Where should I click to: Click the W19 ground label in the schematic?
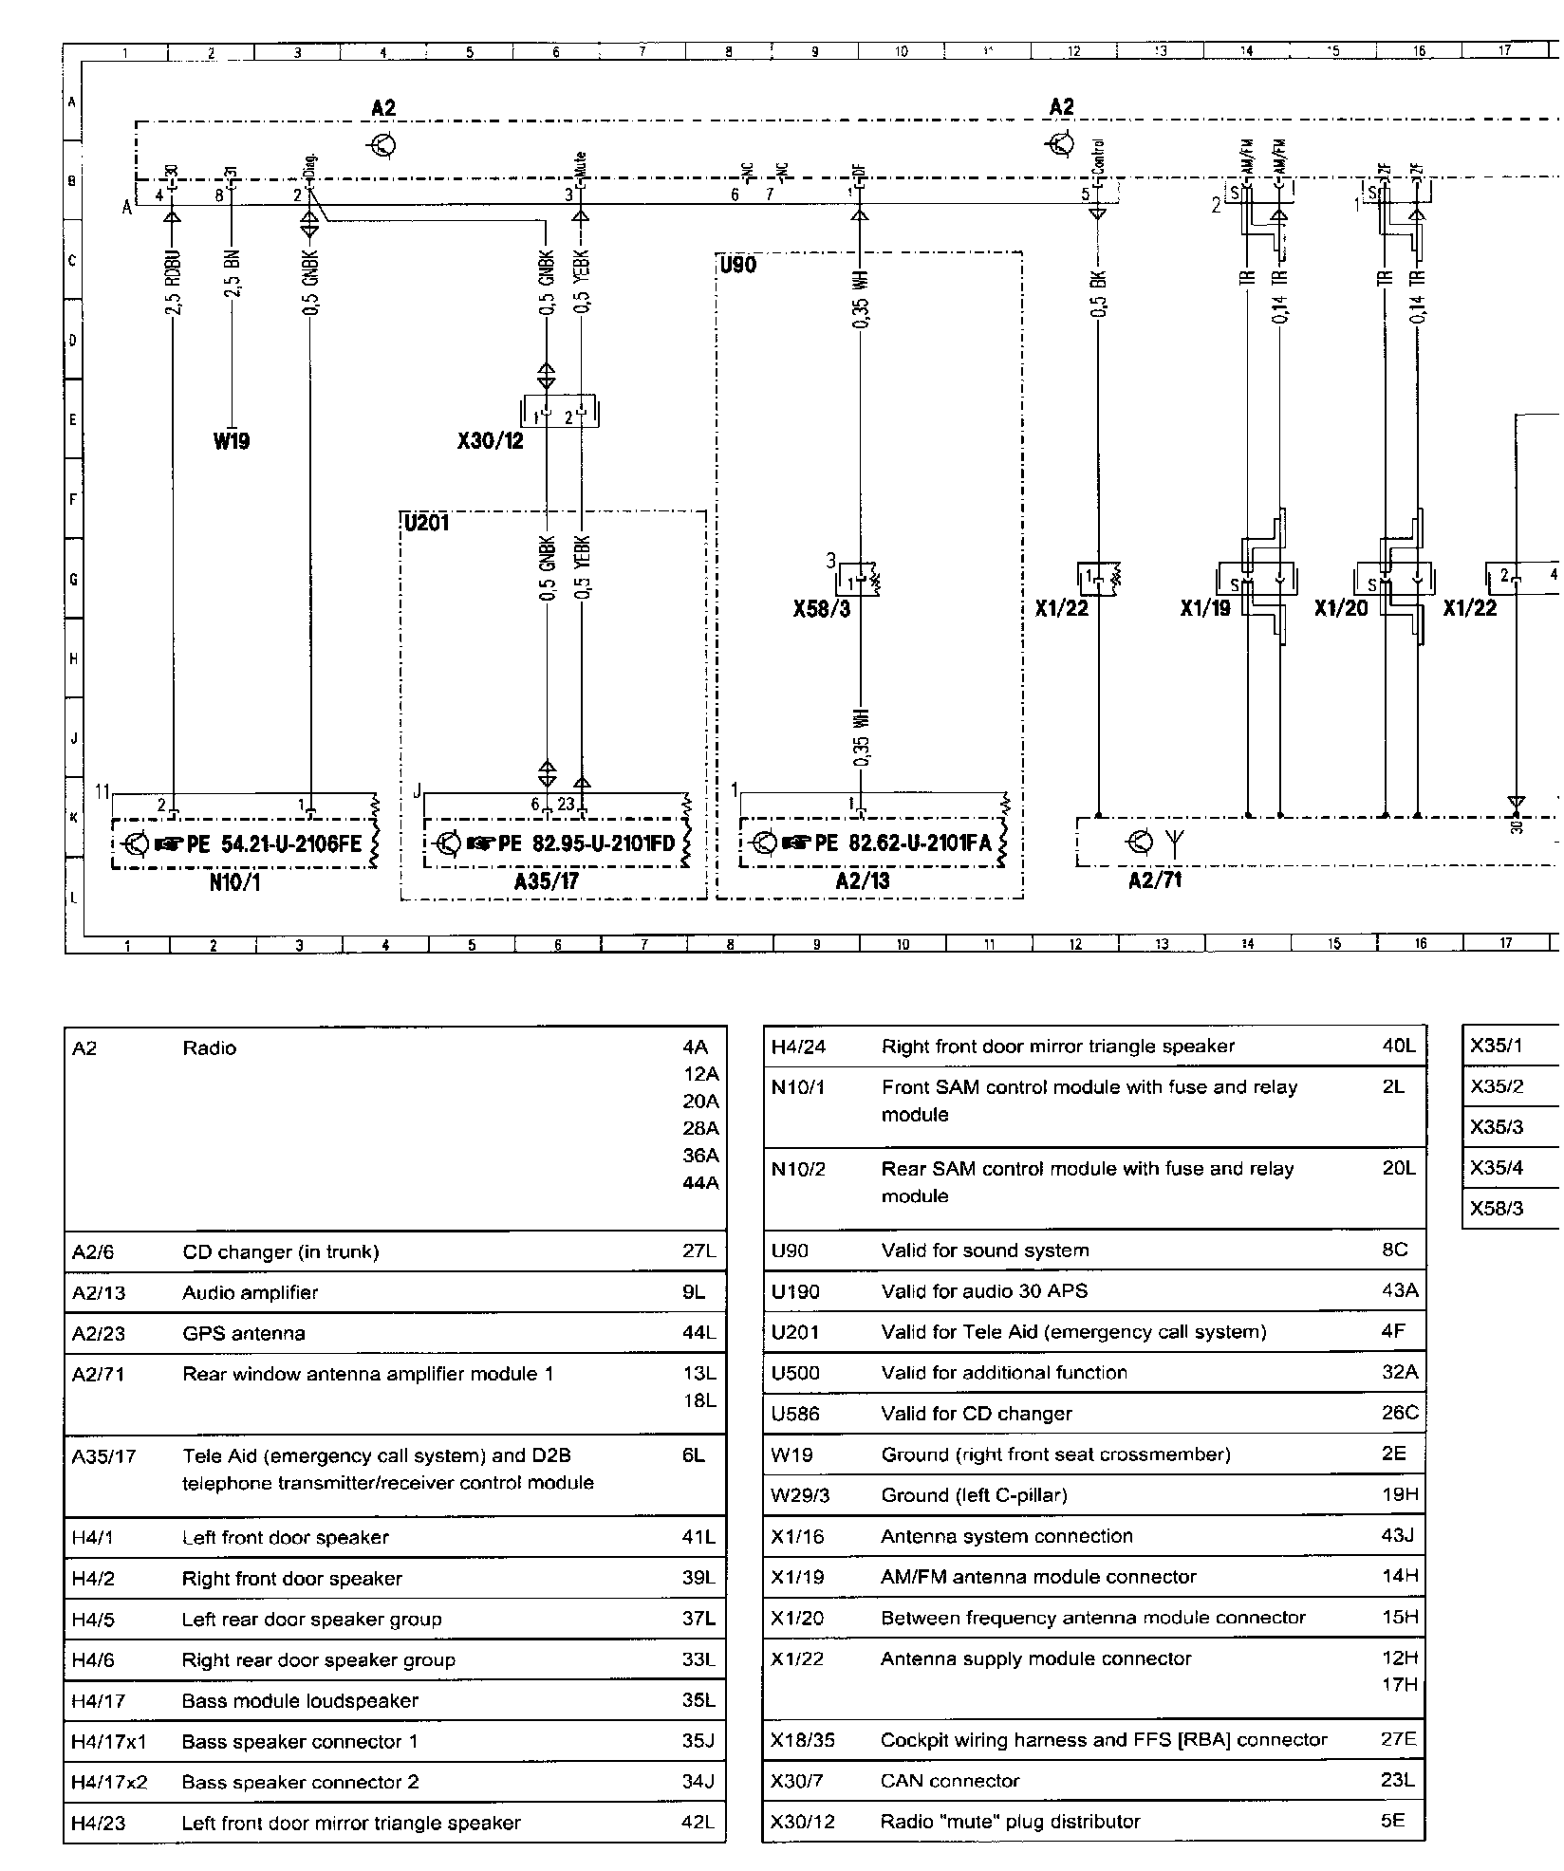(232, 441)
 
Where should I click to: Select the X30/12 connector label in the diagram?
(490, 441)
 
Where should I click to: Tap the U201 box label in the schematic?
(426, 523)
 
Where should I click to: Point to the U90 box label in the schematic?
(738, 265)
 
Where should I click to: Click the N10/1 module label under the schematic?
(235, 882)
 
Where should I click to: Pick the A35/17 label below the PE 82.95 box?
(547, 881)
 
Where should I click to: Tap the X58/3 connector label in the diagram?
(821, 608)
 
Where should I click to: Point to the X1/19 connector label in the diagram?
(1205, 608)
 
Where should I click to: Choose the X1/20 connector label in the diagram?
(1341, 608)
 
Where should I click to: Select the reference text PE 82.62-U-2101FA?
(903, 843)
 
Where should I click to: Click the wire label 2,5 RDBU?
(173, 283)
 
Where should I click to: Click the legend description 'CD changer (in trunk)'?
(280, 1251)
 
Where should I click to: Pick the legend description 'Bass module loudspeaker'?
(300, 1701)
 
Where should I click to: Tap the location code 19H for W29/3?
(1400, 1495)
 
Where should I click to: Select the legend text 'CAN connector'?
(950, 1781)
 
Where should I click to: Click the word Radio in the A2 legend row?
(210, 1048)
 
